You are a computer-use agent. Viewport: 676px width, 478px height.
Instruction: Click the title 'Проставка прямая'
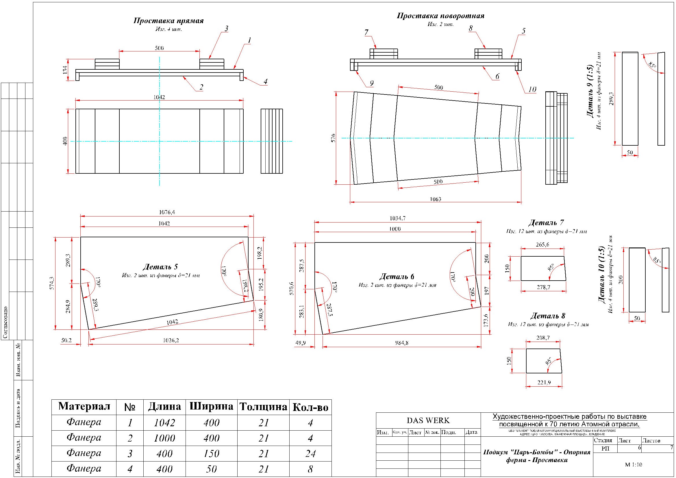[168, 21]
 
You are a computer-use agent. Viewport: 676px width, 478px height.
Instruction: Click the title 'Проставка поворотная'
[440, 16]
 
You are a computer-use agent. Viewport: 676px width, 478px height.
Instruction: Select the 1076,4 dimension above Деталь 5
[167, 212]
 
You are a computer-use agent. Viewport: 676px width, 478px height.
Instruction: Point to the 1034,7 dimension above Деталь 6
[397, 218]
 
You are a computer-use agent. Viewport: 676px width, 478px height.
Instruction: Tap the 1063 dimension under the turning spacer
[436, 199]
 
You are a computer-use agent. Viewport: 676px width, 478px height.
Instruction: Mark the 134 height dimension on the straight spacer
[65, 69]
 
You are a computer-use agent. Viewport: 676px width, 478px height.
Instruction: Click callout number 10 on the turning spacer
[532, 89]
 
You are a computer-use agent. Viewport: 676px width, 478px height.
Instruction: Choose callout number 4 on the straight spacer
[265, 81]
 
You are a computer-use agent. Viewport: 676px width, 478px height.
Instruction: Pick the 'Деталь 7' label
[546, 223]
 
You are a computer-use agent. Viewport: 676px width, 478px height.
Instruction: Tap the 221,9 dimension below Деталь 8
[544, 383]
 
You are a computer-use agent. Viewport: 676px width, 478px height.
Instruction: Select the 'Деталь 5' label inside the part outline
[160, 267]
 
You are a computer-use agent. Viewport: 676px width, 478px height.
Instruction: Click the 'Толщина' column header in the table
[263, 407]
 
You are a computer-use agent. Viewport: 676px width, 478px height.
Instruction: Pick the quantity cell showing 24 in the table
[310, 453]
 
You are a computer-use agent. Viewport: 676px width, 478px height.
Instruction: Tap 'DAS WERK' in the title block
[428, 420]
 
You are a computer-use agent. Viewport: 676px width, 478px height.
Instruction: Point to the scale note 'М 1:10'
[633, 464]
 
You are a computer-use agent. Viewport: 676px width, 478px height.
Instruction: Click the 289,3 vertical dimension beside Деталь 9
[612, 99]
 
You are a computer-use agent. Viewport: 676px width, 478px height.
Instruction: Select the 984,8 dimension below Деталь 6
[402, 343]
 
